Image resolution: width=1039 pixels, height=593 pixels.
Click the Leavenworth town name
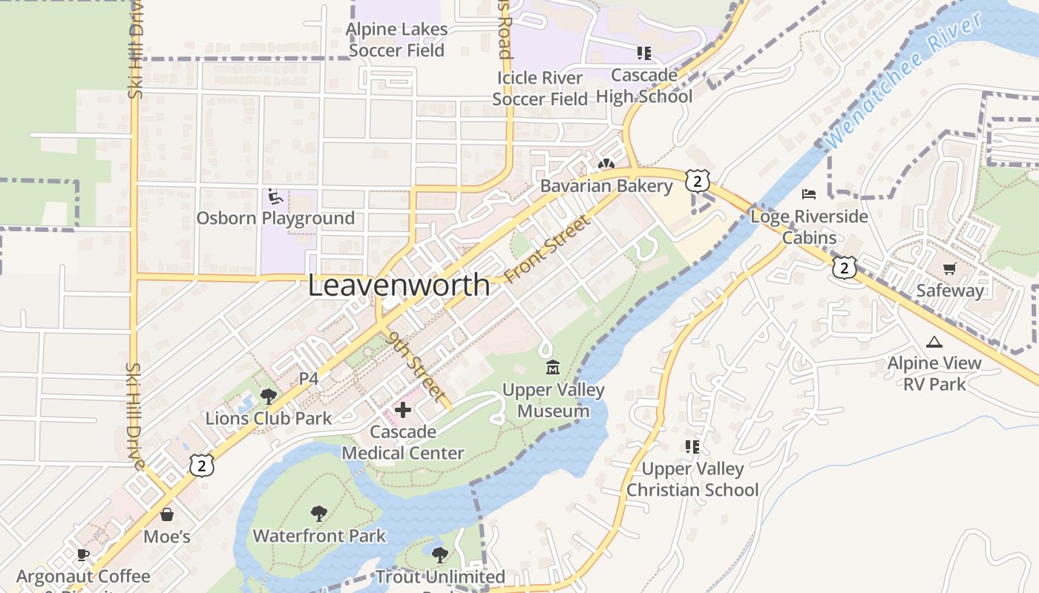click(399, 285)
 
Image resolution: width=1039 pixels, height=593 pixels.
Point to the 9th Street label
click(416, 366)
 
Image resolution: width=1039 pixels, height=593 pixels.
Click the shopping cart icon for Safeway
click(949, 268)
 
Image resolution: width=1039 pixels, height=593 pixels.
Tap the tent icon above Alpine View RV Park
click(934, 342)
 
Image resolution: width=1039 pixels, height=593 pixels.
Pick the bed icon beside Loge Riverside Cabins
click(809, 194)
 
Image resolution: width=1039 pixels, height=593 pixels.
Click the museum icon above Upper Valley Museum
click(553, 367)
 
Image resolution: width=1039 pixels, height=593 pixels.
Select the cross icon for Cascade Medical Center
click(402, 409)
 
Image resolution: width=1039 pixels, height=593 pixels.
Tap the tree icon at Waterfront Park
click(319, 513)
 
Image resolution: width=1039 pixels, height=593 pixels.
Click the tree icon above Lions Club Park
click(269, 397)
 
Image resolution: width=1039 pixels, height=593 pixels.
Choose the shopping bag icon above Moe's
click(167, 514)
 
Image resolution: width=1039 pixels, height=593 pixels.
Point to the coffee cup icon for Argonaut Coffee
click(83, 554)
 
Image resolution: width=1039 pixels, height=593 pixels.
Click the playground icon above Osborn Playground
click(275, 196)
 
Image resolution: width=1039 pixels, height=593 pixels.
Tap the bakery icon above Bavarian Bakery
click(606, 164)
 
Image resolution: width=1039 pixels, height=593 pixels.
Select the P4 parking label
click(309, 379)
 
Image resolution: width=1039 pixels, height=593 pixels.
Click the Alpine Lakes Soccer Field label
click(398, 40)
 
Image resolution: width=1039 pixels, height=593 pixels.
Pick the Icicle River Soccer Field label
click(540, 88)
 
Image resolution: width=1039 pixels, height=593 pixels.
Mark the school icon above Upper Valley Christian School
click(692, 446)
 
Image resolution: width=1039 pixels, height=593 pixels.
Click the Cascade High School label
click(644, 85)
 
